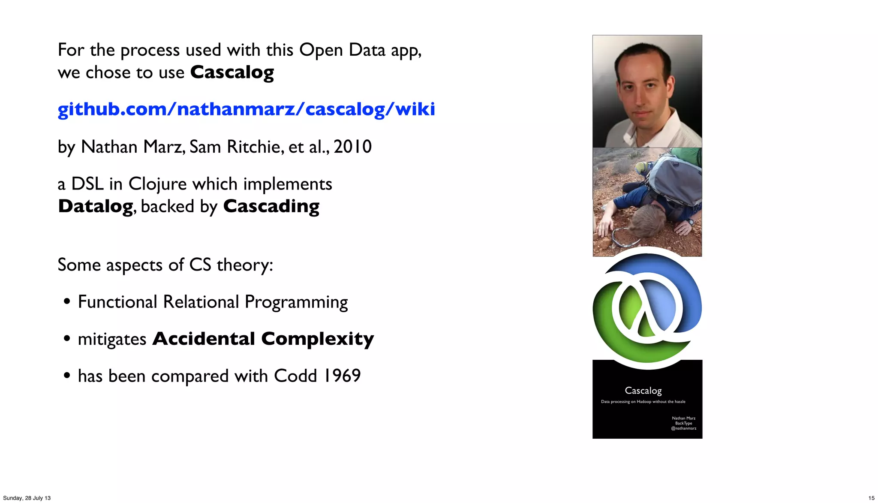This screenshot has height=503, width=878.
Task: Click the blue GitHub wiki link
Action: pyautogui.click(x=246, y=109)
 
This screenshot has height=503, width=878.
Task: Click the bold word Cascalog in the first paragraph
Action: pyautogui.click(x=232, y=72)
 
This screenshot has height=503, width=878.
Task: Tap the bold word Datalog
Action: pyautogui.click(x=96, y=206)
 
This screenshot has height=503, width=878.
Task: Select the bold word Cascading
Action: pyautogui.click(x=271, y=206)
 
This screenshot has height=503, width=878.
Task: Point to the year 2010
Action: pyautogui.click(x=352, y=147)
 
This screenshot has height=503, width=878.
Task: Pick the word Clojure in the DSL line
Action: pyautogui.click(x=157, y=184)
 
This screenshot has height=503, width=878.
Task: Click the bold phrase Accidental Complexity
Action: pyautogui.click(x=263, y=339)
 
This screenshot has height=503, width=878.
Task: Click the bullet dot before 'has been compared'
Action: pyautogui.click(x=66, y=376)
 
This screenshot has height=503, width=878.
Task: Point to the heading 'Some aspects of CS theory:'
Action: pyautogui.click(x=165, y=265)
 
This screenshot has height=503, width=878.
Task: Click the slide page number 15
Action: pyautogui.click(x=871, y=498)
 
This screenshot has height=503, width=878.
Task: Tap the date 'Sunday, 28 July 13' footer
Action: pyautogui.click(x=27, y=498)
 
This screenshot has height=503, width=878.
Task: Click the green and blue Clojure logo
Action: pyautogui.click(x=647, y=308)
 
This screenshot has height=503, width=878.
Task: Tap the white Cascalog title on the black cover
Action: pyautogui.click(x=643, y=391)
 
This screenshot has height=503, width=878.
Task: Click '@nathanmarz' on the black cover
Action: pyautogui.click(x=683, y=428)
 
